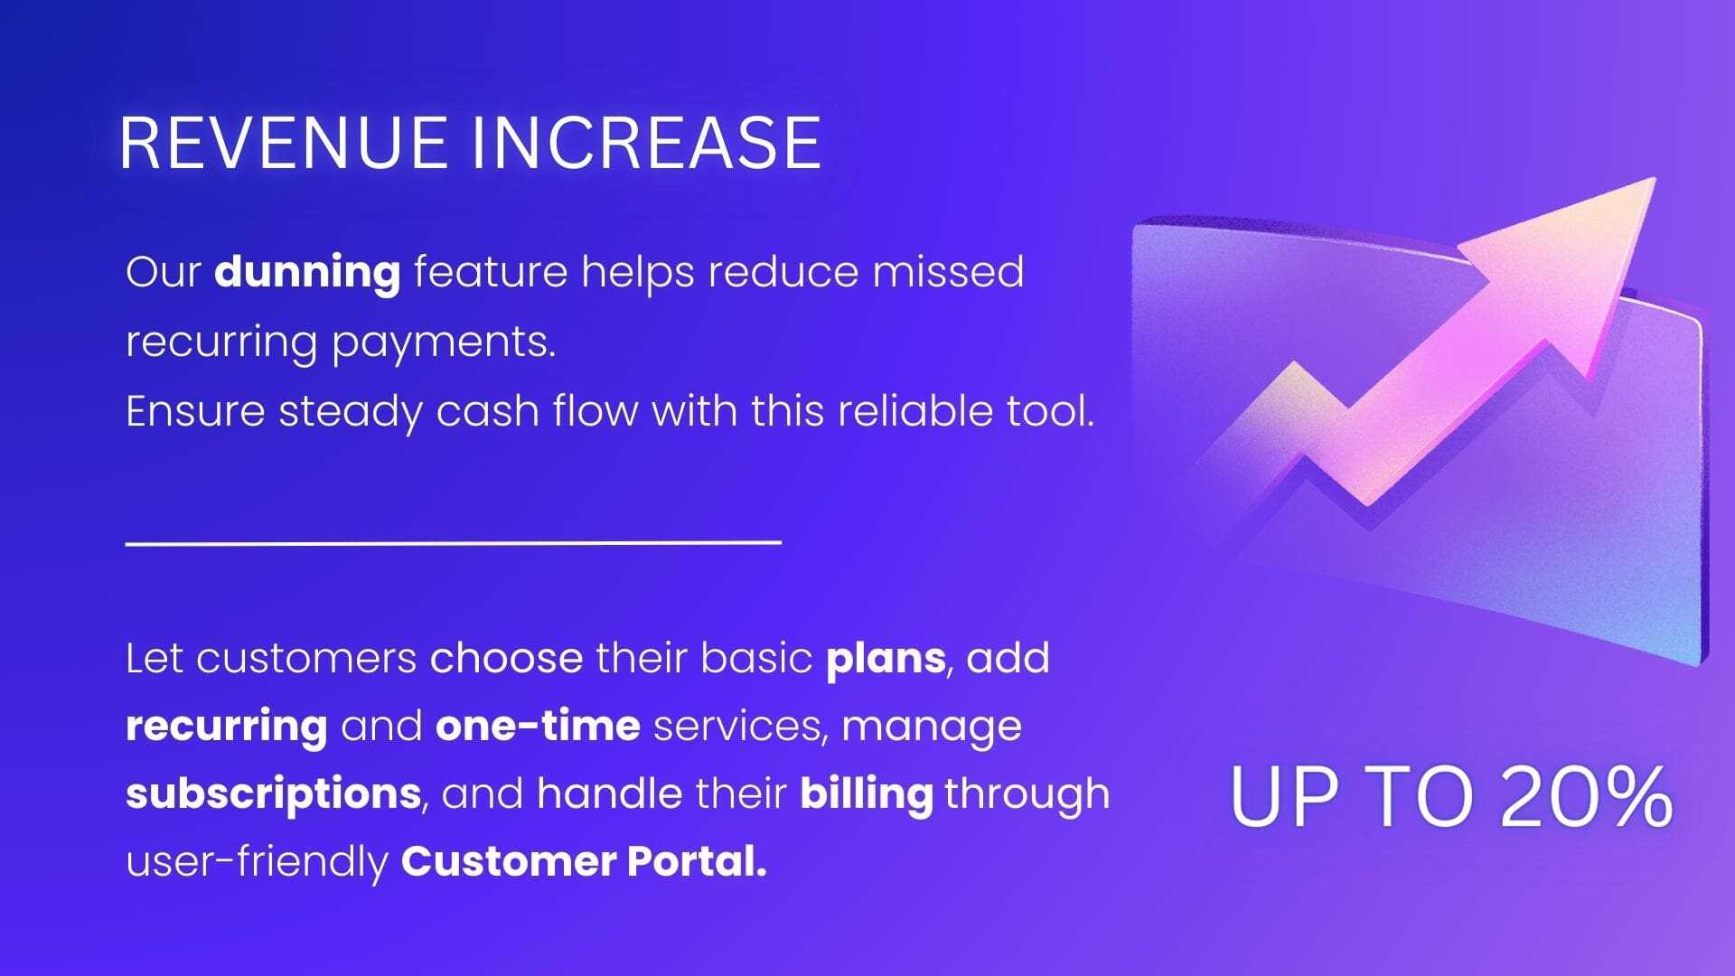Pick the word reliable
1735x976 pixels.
point(914,411)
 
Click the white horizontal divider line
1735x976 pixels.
point(454,543)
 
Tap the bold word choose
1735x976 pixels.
point(507,658)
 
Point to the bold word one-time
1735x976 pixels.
point(538,726)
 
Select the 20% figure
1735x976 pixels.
point(1587,796)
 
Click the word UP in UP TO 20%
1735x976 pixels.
point(1284,796)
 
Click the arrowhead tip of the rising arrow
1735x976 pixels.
point(1655,179)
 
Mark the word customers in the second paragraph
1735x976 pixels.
point(306,659)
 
